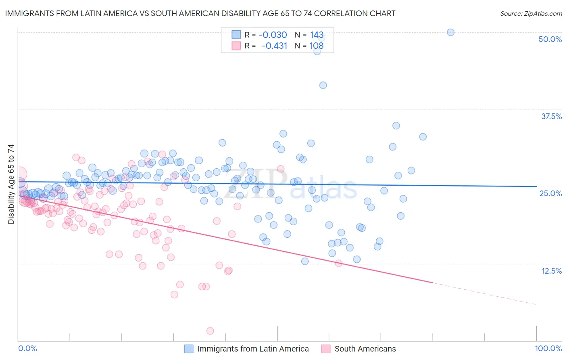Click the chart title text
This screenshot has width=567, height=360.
200,13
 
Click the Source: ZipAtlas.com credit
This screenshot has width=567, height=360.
531,14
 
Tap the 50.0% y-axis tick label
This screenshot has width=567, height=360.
550,39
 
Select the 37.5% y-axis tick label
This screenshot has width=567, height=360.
551,116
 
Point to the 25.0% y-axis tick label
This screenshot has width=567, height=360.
550,193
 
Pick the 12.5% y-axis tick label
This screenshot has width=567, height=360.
551,271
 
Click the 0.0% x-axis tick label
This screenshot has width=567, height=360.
27,348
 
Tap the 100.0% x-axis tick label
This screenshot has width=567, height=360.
548,348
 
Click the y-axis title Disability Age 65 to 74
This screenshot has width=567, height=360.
11,184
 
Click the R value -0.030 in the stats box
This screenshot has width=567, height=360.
273,35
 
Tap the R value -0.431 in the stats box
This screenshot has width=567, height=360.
274,46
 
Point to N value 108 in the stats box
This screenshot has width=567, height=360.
317,46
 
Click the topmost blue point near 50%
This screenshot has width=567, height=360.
450,32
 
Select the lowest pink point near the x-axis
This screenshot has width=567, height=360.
210,331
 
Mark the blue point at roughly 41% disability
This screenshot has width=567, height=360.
323,85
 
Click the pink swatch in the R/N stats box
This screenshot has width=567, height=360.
236,46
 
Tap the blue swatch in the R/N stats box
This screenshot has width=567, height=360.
236,35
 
